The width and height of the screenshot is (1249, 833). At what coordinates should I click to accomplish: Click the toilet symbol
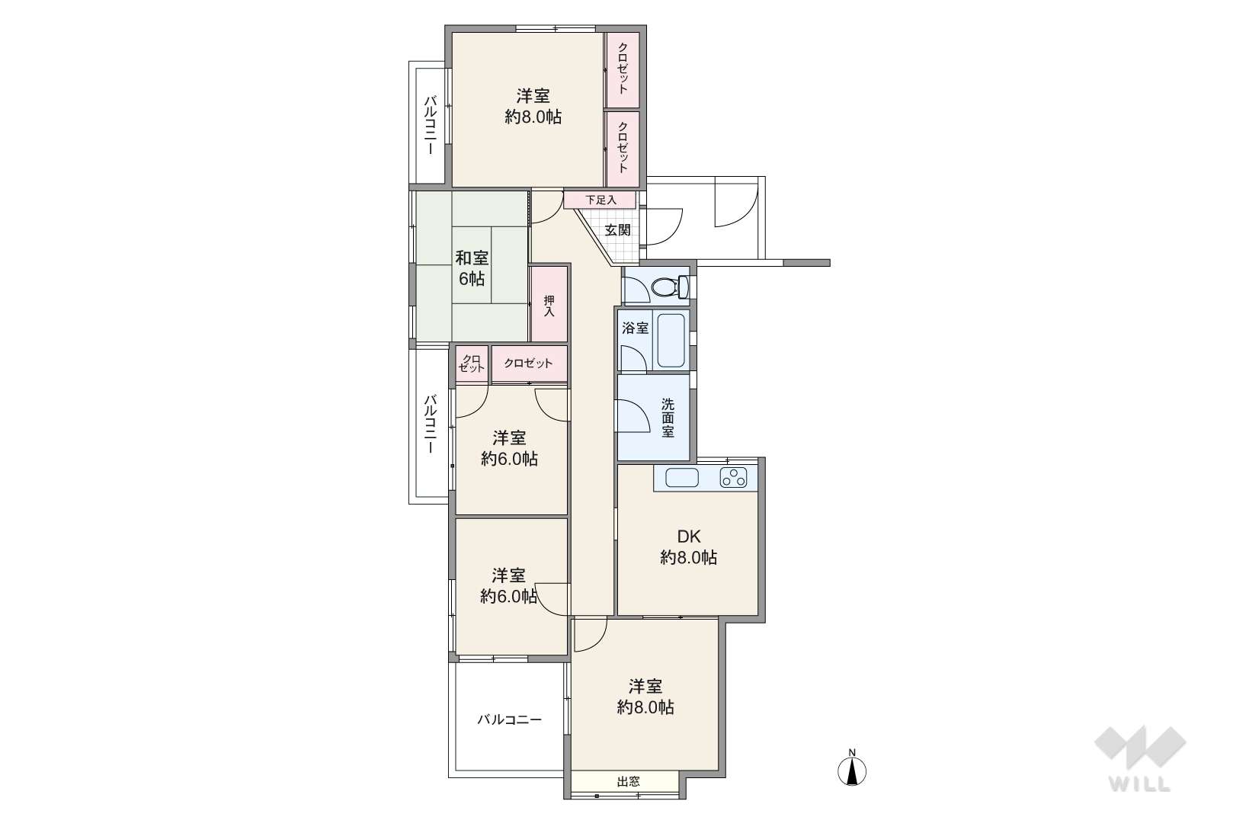670,287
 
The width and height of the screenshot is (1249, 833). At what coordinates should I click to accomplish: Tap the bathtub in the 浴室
671,341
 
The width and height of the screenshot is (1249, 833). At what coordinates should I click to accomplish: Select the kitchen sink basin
682,478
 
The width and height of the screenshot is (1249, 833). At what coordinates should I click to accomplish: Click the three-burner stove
733,478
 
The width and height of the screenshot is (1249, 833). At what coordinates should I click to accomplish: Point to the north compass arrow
851,771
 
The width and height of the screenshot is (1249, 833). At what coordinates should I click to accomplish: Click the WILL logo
1140,758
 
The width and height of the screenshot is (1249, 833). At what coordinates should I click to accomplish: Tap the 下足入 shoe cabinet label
600,200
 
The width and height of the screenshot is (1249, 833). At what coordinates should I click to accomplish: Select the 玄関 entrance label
618,229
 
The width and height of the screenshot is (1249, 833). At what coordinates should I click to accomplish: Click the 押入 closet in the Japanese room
549,304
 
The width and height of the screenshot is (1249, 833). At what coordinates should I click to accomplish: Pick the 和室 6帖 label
472,268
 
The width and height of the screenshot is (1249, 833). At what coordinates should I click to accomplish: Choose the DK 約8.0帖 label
689,547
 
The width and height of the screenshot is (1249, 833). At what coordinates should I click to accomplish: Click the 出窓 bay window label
629,782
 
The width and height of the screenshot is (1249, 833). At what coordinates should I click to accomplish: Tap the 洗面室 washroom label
668,418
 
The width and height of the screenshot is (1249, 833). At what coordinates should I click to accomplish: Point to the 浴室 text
635,328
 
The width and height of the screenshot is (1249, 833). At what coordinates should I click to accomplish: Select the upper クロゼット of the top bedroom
623,70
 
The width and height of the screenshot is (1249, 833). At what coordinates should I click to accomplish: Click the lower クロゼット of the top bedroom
623,149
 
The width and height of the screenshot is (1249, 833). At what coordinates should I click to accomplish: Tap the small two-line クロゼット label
472,364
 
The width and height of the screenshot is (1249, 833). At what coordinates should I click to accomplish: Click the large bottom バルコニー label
509,719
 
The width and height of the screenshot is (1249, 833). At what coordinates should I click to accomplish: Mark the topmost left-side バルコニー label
430,126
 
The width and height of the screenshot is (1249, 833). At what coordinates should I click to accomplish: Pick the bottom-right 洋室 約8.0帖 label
645,697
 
